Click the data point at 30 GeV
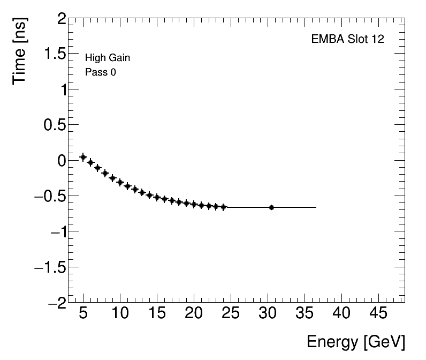pyautogui.click(x=271, y=207)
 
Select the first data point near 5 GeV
pyautogui.click(x=83, y=157)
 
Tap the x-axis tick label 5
pyautogui.click(x=83, y=314)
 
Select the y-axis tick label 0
pyautogui.click(x=62, y=161)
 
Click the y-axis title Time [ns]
pyautogui.click(x=20, y=52)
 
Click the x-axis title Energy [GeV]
pyautogui.click(x=355, y=342)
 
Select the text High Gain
pyautogui.click(x=108, y=58)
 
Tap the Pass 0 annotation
pyautogui.click(x=101, y=72)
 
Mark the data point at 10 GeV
pyautogui.click(x=120, y=182)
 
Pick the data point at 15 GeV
pyautogui.click(x=157, y=198)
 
